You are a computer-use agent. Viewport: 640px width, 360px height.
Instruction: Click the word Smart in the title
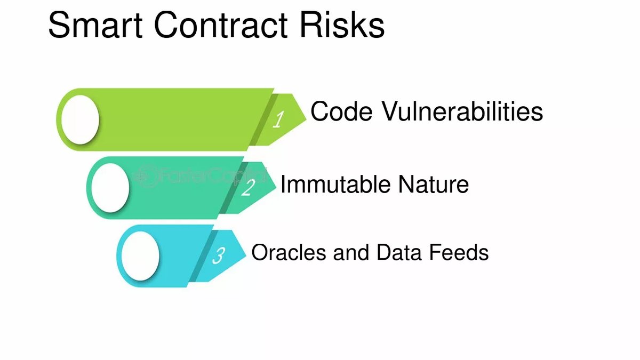[x=95, y=25]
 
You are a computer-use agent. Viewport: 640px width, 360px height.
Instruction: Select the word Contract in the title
[x=221, y=25]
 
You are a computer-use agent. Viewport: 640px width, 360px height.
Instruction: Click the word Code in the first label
[x=341, y=111]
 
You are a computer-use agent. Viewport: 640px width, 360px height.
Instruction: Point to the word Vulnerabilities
[x=462, y=111]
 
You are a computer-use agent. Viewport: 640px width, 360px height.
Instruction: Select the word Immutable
[x=335, y=185]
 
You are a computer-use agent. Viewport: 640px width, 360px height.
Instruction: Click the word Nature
[x=434, y=185]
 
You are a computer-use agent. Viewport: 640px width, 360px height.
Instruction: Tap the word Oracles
[x=289, y=252]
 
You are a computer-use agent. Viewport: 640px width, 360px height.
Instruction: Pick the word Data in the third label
[x=399, y=252]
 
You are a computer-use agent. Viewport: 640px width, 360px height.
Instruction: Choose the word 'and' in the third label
[x=351, y=252]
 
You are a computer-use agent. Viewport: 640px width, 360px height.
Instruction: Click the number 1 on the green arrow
[x=278, y=119]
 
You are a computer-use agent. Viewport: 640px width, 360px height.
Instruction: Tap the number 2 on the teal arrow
[x=248, y=187]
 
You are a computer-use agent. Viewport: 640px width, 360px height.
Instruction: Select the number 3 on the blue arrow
[x=219, y=255]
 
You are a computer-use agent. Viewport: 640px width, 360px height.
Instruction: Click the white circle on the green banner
[x=81, y=119]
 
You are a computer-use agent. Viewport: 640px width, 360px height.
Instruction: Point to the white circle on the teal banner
[x=110, y=188]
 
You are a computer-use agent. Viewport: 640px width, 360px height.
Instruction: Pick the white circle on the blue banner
[x=140, y=255]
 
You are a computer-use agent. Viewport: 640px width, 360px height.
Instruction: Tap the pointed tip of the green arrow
[x=306, y=119]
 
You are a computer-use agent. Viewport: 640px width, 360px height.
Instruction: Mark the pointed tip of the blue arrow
[x=246, y=255]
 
